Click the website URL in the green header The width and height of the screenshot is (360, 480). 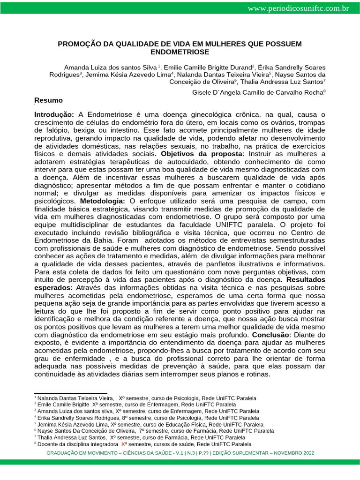click(x=298, y=8)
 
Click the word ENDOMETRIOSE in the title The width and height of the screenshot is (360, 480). click(x=180, y=52)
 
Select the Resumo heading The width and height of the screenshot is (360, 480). click(x=48, y=100)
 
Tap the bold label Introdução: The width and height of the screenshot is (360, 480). click(x=54, y=114)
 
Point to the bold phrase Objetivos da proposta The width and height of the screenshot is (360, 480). click(x=202, y=154)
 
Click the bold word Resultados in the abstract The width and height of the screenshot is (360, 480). click(x=306, y=279)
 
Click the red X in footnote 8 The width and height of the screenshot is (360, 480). click(x=123, y=444)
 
